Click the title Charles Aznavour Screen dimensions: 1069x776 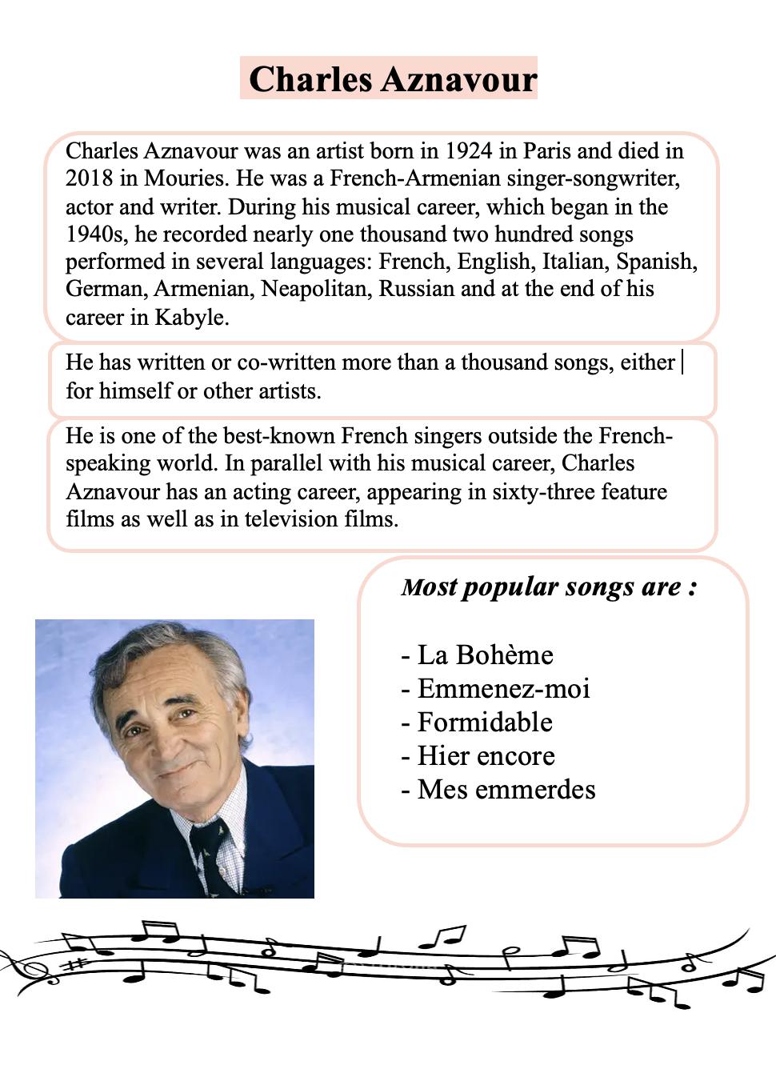(392, 79)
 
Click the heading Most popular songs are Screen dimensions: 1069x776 (549, 587)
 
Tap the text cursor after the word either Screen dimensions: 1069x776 (682, 362)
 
